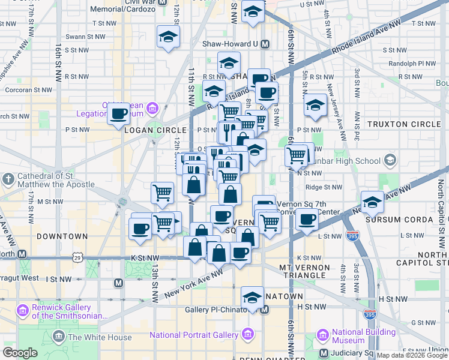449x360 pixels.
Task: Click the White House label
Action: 100,337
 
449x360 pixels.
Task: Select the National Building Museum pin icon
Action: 323,334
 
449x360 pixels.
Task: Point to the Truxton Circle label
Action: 403,124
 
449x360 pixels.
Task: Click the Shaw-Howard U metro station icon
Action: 265,44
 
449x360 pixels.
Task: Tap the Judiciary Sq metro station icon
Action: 324,353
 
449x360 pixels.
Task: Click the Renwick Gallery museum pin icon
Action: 23,311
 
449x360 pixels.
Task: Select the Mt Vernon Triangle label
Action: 303,271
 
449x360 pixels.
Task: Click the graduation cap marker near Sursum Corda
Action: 372,202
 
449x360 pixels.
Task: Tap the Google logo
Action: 20,353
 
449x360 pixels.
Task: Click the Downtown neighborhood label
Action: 62,236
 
